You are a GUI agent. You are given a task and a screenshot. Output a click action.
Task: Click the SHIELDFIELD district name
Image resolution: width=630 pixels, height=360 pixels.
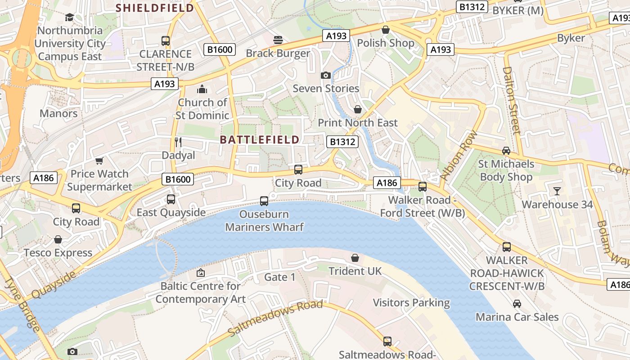tap(155, 8)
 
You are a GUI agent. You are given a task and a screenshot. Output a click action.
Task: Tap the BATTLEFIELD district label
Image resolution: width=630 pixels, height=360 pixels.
tap(260, 139)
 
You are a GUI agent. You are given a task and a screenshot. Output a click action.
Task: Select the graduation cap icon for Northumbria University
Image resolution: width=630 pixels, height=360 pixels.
tap(69, 17)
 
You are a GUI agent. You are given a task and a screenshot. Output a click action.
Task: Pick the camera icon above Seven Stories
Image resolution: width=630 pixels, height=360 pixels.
tap(326, 75)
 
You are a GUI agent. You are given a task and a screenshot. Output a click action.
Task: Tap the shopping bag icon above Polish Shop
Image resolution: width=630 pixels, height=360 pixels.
tap(386, 30)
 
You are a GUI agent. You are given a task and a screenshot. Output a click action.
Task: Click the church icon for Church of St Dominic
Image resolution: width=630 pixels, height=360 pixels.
tap(202, 89)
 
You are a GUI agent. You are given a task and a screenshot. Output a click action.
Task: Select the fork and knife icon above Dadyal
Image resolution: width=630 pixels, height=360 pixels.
tap(178, 142)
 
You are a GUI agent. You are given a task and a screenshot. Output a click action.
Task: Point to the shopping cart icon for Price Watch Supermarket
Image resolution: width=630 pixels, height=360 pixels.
tap(99, 161)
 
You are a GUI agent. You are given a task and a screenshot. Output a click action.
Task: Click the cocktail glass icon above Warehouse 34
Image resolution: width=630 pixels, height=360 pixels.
tap(557, 191)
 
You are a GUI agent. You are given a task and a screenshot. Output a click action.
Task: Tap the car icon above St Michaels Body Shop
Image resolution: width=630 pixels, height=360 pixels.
tap(506, 151)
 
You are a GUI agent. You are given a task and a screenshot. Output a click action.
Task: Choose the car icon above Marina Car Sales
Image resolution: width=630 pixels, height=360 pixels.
tap(517, 304)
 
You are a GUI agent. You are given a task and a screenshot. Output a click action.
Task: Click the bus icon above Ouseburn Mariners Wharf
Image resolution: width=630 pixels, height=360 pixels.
tap(264, 201)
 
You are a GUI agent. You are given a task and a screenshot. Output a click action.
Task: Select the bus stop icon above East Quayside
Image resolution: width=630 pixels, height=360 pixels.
tap(171, 199)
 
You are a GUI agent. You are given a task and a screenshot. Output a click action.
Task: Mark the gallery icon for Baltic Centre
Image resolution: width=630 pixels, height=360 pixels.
tap(201, 273)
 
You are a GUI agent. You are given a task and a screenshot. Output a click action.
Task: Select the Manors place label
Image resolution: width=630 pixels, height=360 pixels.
tap(58, 113)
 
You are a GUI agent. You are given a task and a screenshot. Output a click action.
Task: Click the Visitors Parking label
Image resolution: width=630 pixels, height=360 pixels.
tap(411, 303)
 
